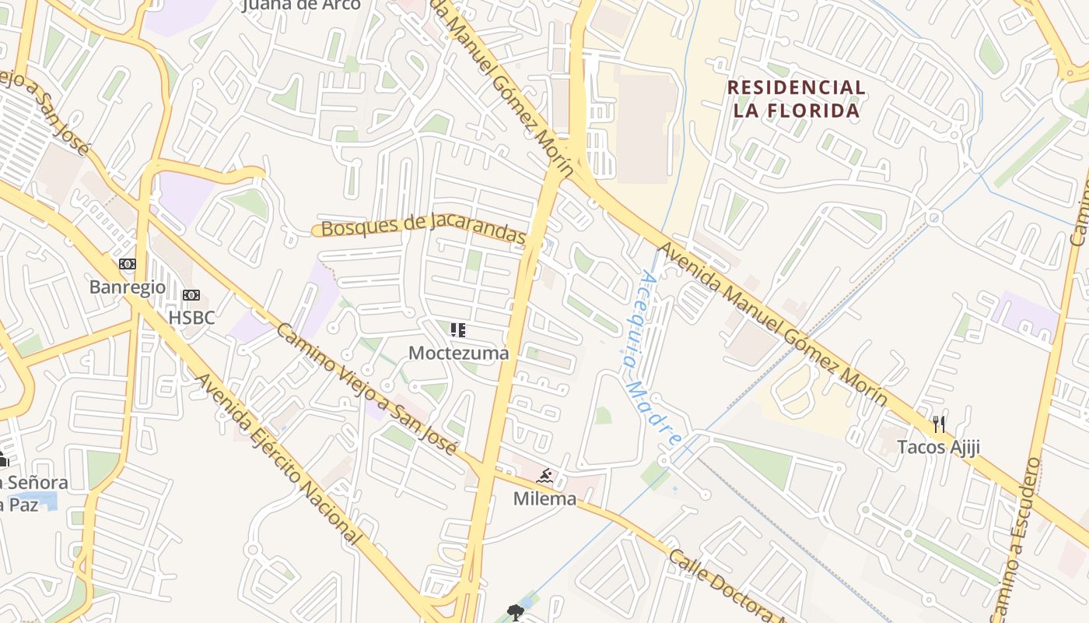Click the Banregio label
(x=128, y=287)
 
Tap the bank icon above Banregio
(x=128, y=264)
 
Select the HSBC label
(x=191, y=318)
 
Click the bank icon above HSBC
(x=191, y=295)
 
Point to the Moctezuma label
(x=459, y=353)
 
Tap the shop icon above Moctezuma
(x=458, y=330)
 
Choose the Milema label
(x=544, y=498)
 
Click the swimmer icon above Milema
(x=544, y=476)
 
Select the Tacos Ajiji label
(x=938, y=447)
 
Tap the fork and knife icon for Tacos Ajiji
(x=939, y=424)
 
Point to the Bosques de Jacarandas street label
(x=423, y=227)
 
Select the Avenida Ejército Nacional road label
(x=278, y=459)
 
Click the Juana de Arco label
(x=302, y=5)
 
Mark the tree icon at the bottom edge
(x=514, y=613)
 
